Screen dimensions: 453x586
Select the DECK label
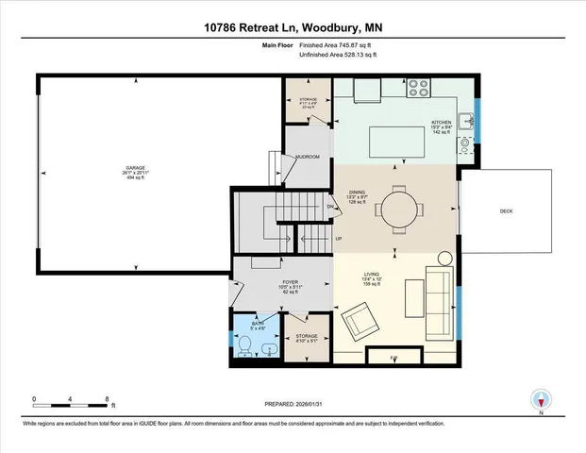pos(506,211)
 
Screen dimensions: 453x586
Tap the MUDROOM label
pos(308,157)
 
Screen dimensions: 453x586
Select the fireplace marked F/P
pos(393,359)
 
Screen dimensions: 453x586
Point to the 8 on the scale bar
pos(108,398)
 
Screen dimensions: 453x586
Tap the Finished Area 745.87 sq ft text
pos(340,46)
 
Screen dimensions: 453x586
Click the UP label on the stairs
pos(338,238)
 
